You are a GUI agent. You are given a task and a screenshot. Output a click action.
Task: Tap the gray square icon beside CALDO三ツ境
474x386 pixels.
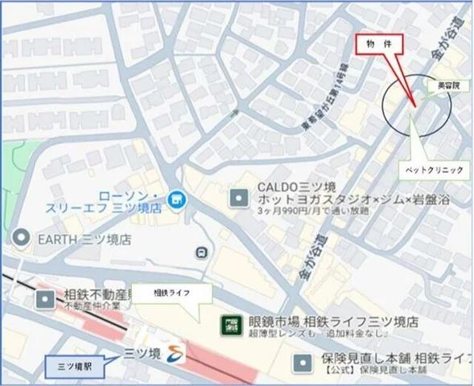coord(238,196)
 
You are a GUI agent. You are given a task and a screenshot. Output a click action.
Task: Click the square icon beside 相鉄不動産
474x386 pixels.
coord(45,300)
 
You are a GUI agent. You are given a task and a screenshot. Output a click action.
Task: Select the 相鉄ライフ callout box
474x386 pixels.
coord(171,294)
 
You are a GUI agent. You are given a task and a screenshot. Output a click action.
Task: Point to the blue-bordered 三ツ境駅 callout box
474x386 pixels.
coord(77,367)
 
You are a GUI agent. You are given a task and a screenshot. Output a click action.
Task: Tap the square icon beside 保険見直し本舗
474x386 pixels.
coord(302,363)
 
